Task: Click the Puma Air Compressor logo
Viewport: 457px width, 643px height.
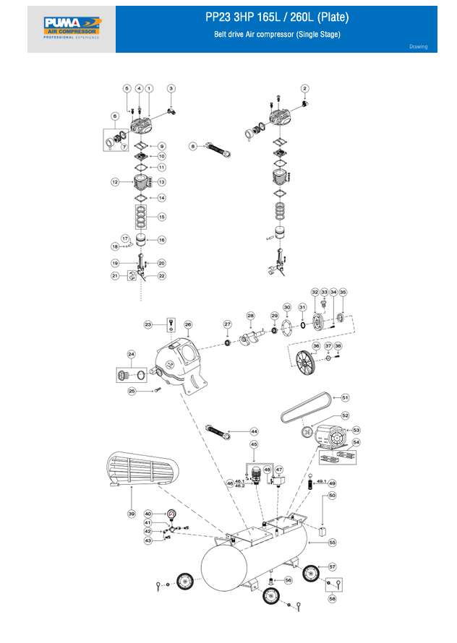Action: click(72, 28)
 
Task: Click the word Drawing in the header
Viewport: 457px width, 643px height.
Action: click(418, 47)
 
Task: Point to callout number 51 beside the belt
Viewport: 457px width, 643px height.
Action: click(345, 397)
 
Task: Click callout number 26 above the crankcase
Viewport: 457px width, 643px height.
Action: click(187, 324)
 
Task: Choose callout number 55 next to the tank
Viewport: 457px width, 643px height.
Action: click(333, 541)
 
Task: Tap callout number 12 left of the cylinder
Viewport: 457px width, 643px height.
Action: click(114, 182)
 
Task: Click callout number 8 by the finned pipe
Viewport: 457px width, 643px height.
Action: click(193, 147)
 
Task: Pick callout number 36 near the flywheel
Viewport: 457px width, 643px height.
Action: click(316, 347)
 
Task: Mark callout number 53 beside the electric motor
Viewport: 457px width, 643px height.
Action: click(356, 430)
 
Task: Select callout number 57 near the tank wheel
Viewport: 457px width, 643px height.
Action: click(333, 566)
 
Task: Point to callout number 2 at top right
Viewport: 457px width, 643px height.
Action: click(304, 89)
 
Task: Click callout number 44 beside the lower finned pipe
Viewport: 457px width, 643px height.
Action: click(254, 431)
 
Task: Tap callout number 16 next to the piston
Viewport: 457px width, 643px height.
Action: click(162, 240)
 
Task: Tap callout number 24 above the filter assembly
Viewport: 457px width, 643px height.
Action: click(131, 354)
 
